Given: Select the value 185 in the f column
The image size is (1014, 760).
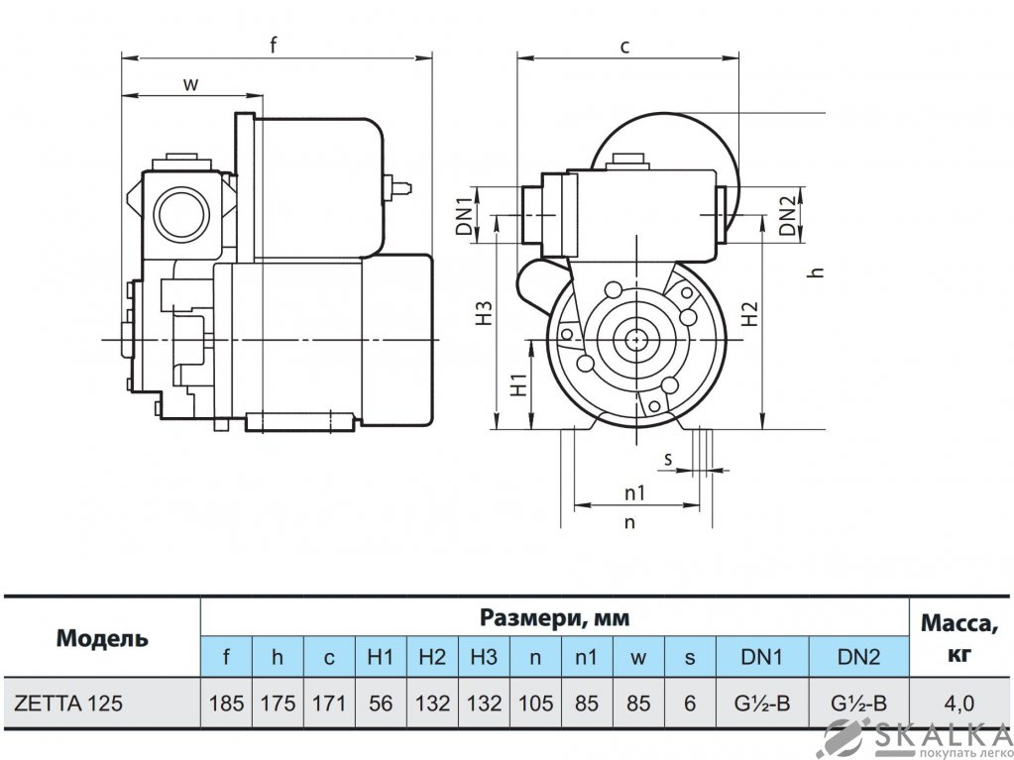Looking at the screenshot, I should (x=227, y=704).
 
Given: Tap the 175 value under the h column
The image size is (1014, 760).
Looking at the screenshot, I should (x=278, y=704).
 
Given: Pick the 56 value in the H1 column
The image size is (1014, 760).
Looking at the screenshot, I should (x=381, y=704).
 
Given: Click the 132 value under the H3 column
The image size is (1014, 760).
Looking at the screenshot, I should (x=484, y=704).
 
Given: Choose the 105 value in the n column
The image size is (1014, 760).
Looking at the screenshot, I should (x=535, y=704).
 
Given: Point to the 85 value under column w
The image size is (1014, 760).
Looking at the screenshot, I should (x=640, y=704).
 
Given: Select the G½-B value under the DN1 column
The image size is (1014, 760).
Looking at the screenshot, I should (x=762, y=704).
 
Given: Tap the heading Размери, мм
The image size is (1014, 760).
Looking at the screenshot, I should (x=555, y=619).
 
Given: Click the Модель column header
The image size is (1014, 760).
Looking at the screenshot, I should (x=102, y=638).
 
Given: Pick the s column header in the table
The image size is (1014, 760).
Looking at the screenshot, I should (x=691, y=657).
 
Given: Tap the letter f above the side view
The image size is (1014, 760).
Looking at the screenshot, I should (x=274, y=44).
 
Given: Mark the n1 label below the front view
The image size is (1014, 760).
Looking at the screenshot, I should (x=635, y=492).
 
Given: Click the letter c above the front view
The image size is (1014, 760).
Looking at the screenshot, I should (x=625, y=46).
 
